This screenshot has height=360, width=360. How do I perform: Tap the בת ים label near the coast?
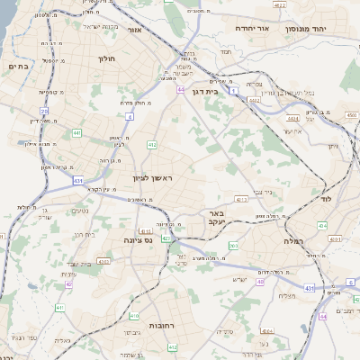point(18,66)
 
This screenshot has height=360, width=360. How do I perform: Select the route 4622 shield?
point(280,5)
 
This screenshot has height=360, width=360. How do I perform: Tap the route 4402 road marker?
point(255,101)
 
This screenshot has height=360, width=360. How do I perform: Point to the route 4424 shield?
point(291,118)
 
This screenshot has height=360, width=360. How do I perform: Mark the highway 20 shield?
point(43,111)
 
